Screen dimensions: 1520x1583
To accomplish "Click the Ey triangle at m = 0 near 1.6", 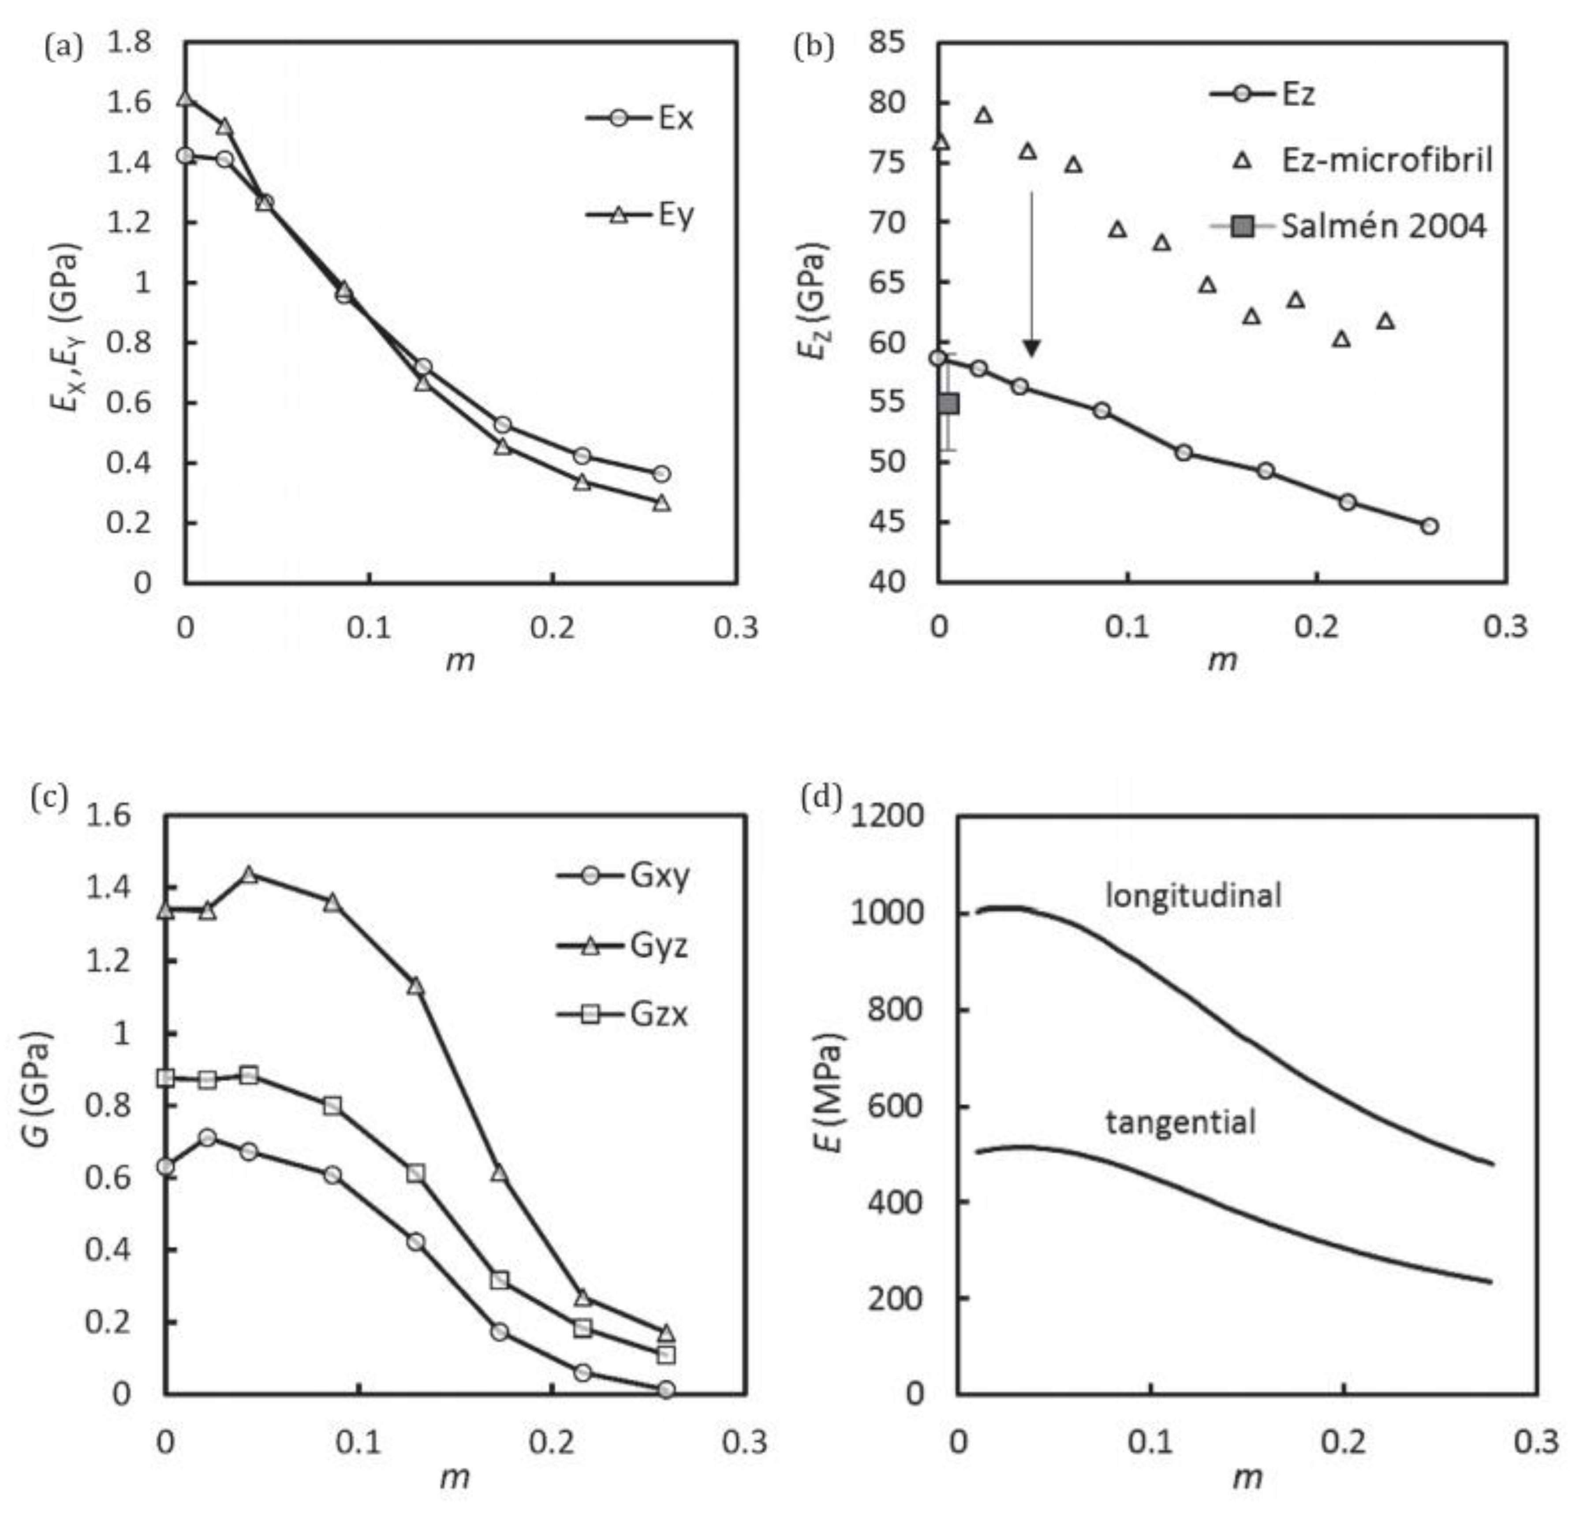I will tap(186, 99).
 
